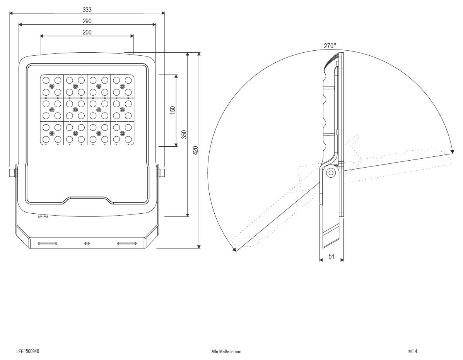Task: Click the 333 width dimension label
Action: pos(87,10)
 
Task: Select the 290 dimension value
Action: pos(87,21)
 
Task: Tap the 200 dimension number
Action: pos(87,33)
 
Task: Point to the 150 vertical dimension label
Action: pos(173,110)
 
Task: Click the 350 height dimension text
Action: pos(185,134)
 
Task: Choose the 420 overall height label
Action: pos(196,150)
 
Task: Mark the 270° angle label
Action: pos(330,46)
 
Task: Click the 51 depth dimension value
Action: pos(331,256)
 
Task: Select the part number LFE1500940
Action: pos(27,351)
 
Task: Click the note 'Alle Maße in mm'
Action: pos(226,351)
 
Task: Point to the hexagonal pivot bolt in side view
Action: pos(331,173)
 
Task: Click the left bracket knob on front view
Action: pos(13,172)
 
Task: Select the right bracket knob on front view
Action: pos(161,172)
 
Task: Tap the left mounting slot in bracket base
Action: pos(48,243)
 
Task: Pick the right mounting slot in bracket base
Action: pos(127,243)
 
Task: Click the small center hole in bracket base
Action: pos(87,243)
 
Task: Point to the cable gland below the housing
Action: pos(42,216)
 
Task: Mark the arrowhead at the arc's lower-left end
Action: pos(234,250)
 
